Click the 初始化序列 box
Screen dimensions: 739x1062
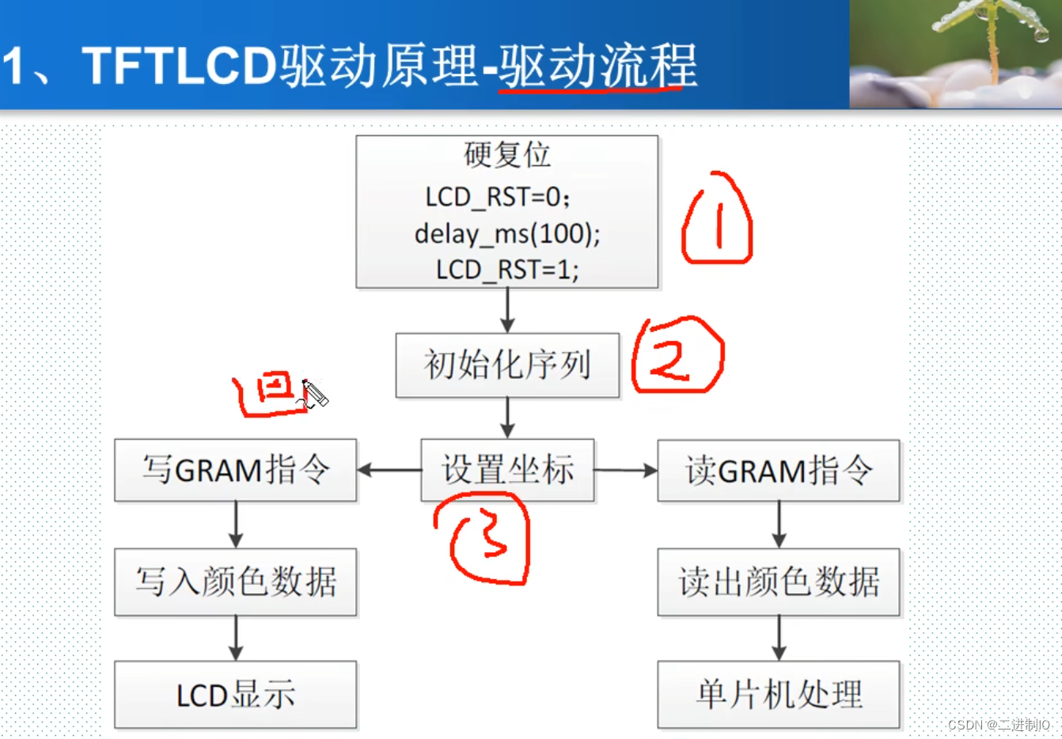(x=507, y=365)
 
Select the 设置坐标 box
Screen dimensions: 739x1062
(x=507, y=470)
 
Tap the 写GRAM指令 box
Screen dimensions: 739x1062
(x=235, y=470)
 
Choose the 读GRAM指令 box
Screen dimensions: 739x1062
(x=779, y=471)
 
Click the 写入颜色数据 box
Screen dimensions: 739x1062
(x=235, y=582)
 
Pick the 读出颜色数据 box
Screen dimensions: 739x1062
(x=779, y=582)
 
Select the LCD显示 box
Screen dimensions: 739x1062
(x=235, y=695)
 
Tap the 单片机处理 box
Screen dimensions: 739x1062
(x=779, y=695)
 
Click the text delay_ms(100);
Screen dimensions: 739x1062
(x=507, y=233)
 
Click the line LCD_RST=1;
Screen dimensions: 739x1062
(x=507, y=270)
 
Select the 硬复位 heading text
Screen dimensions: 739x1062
(x=507, y=154)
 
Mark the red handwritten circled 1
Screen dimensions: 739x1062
(x=717, y=219)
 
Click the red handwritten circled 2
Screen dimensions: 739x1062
(x=677, y=355)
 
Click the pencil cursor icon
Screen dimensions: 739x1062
(x=314, y=393)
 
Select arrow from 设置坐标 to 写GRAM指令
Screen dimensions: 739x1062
(x=389, y=470)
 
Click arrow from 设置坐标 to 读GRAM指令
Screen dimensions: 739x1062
(x=626, y=471)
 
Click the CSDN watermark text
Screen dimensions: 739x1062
(x=999, y=724)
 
